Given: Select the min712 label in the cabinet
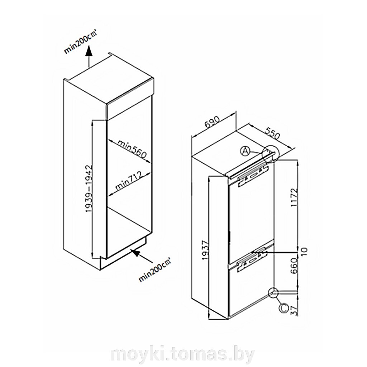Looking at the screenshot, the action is coord(129,181).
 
